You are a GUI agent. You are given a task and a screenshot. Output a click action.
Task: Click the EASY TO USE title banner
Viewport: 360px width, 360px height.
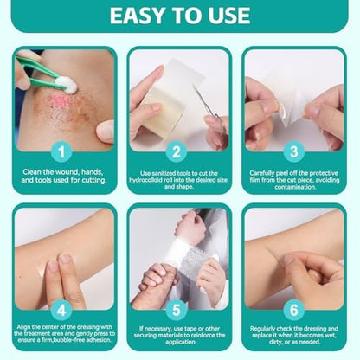[179, 16]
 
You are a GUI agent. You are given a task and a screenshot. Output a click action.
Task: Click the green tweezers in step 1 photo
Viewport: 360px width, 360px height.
[35, 68]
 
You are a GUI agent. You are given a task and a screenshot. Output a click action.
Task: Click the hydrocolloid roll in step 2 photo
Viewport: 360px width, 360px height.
[160, 95]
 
